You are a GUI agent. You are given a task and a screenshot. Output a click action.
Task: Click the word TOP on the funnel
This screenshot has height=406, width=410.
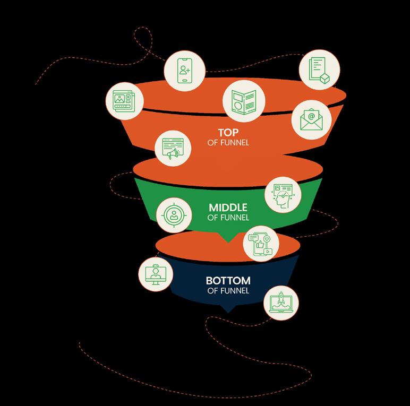[228, 132]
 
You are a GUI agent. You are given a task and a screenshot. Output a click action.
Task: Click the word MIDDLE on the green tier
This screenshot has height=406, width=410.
[228, 207]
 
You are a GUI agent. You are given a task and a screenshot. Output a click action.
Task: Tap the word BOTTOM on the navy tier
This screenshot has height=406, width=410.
[228, 280]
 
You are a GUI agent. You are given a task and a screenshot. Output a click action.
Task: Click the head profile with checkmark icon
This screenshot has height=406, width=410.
[282, 195]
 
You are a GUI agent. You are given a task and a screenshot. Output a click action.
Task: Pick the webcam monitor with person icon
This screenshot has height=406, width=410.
[156, 274]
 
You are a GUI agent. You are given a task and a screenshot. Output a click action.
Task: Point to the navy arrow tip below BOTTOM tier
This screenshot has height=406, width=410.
[228, 309]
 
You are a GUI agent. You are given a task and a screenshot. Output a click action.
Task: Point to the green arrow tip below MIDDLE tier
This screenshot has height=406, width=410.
[228, 240]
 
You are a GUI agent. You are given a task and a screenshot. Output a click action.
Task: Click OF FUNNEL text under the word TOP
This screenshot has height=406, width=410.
[228, 142]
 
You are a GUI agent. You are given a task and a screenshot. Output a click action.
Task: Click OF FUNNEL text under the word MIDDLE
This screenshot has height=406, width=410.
[228, 217]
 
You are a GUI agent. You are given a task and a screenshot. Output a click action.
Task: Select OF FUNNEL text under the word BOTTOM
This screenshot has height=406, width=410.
[228, 290]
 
